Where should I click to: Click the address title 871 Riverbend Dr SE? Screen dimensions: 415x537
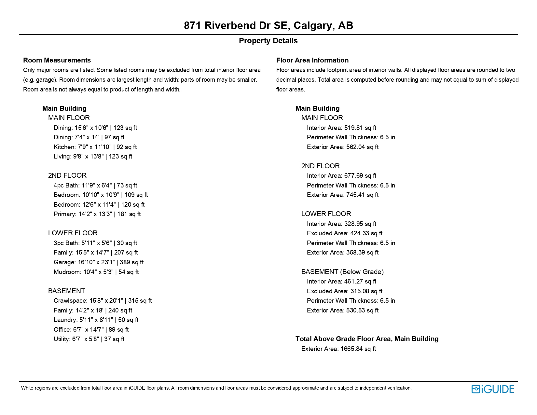pos(268,25)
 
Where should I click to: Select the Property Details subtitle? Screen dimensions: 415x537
pos(268,41)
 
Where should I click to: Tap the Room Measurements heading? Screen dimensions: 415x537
pos(57,60)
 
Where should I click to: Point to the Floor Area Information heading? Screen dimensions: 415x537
pos(312,60)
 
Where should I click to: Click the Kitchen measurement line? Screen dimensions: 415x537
pos(95,147)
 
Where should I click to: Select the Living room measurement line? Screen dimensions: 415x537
pos(93,157)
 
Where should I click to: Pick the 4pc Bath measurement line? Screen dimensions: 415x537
pos(95,186)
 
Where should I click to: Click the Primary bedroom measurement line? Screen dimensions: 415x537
pos(97,214)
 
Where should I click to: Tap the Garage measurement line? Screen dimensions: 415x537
pos(98,262)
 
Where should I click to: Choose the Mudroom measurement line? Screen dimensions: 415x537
pos(96,272)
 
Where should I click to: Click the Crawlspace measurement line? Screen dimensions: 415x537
pos(103,301)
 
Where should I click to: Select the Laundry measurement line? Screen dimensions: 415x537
pos(96,320)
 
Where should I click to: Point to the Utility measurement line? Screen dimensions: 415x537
pos(89,339)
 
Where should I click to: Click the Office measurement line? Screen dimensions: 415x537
pos(91,330)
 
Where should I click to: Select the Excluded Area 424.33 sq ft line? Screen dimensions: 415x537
pos(344,233)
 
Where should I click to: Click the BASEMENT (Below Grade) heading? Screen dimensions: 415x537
pos(342,272)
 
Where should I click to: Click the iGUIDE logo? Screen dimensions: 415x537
pos(492,389)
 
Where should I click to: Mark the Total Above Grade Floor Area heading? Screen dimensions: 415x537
pos(367,339)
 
